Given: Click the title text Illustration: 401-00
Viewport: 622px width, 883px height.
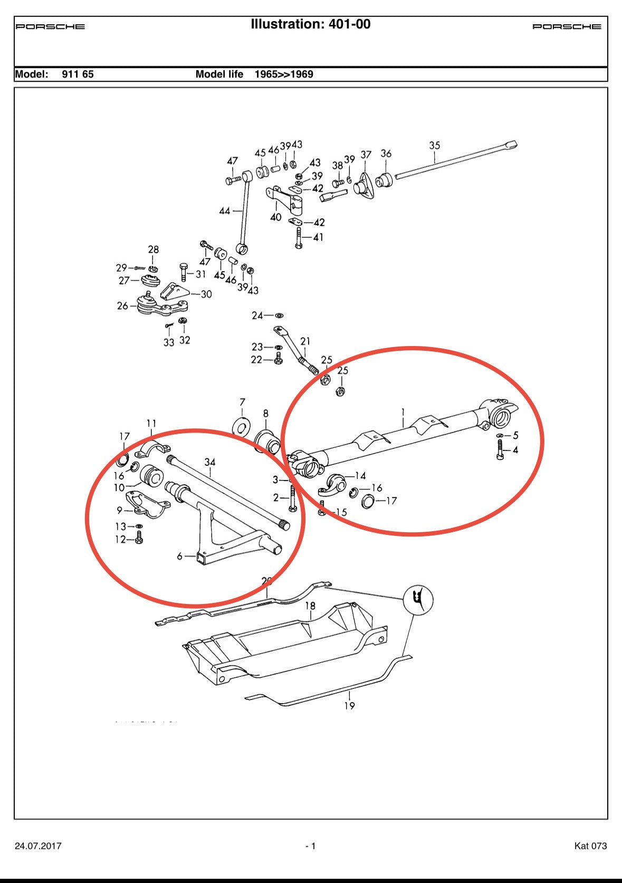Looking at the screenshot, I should [x=310, y=24].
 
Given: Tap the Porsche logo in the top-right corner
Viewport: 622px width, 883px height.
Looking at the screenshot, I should [x=567, y=26].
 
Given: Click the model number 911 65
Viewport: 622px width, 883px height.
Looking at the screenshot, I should [x=78, y=74].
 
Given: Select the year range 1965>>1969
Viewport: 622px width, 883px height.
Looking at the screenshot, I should [x=284, y=74].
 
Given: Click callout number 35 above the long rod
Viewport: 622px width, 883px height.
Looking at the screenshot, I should [x=434, y=145].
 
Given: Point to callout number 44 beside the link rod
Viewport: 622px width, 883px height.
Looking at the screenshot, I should [x=225, y=211].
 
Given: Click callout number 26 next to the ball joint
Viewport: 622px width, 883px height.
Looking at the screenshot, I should [x=122, y=306].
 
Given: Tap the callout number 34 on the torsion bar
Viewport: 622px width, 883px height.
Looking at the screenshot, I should [x=210, y=462].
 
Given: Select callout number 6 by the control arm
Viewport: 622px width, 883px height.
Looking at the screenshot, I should [x=179, y=556].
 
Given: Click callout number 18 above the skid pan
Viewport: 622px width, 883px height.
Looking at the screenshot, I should [x=310, y=606].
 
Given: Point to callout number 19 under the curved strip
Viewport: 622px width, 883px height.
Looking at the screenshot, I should [x=349, y=705].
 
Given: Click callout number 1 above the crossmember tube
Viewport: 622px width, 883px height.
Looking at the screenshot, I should [x=403, y=412].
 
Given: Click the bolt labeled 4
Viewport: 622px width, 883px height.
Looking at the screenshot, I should [x=500, y=450].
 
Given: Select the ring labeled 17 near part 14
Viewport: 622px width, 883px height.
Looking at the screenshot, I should [x=368, y=501].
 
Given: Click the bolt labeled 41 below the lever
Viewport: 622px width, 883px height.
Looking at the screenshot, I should [x=299, y=238].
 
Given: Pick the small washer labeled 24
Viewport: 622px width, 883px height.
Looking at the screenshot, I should [x=279, y=315].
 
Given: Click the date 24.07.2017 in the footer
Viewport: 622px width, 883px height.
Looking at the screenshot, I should [x=38, y=846].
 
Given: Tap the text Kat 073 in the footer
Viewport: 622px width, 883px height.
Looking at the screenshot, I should [x=590, y=846].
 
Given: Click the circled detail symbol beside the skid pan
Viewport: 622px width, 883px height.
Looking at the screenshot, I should [x=418, y=600].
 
